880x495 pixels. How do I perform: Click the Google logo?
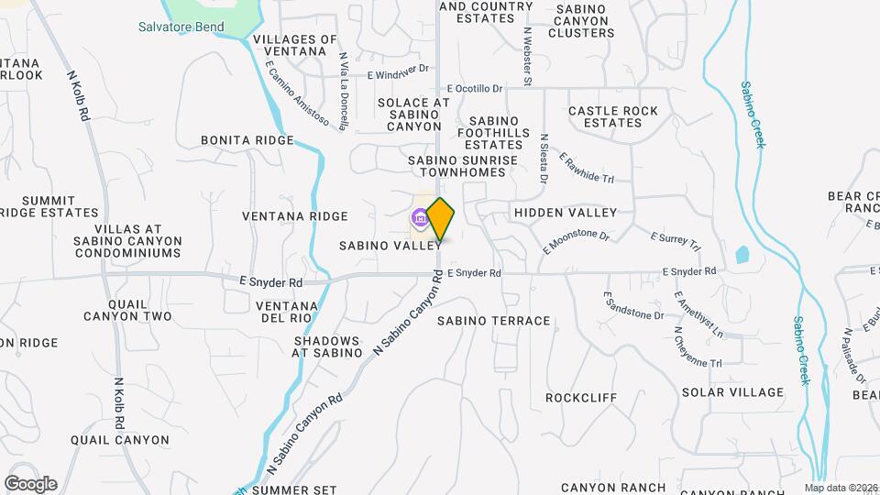30,484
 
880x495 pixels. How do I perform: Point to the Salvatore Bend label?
181,27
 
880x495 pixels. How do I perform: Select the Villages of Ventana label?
295,45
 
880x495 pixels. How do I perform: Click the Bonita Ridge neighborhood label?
247,140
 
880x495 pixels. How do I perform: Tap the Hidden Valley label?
566,213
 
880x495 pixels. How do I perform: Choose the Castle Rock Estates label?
613,116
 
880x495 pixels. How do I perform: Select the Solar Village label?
732,392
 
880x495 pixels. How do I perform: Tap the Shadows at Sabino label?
327,346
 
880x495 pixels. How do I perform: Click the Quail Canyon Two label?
127,310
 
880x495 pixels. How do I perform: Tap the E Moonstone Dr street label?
576,241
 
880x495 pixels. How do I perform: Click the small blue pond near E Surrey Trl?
742,254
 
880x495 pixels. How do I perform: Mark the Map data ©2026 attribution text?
840,488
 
